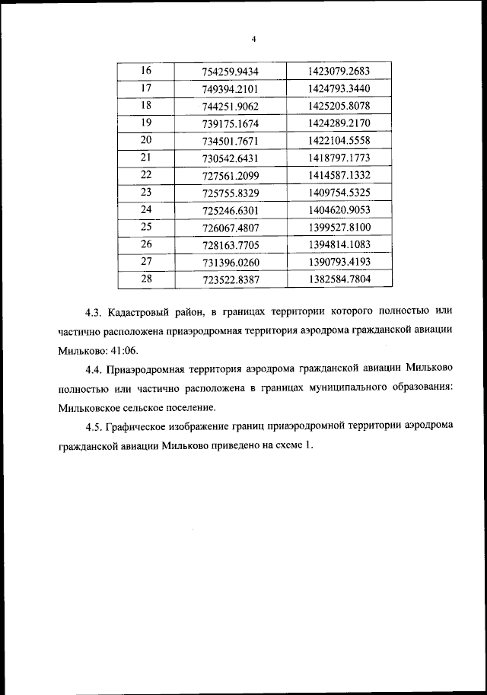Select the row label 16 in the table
[x=147, y=71]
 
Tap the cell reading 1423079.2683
[x=339, y=71]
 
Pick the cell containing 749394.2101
[x=231, y=89]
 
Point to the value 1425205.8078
[x=339, y=106]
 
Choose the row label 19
[x=147, y=122]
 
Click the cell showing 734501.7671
[x=231, y=141]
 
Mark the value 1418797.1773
[x=339, y=157]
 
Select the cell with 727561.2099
[x=231, y=175]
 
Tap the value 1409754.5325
[x=339, y=191]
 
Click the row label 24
[x=147, y=209]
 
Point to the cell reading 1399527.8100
[x=339, y=226]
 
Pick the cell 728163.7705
[x=231, y=244]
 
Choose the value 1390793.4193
[x=339, y=261]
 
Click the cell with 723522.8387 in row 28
[x=231, y=279]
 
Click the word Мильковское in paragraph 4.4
[x=89, y=407]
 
